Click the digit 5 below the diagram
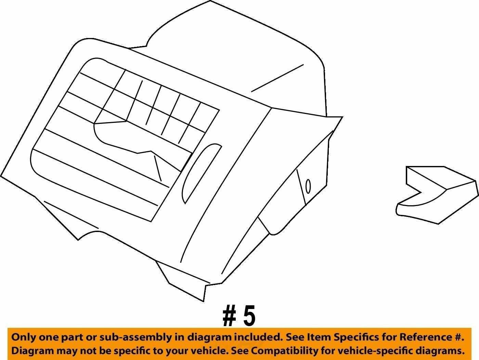[249, 318]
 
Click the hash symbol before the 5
[229, 319]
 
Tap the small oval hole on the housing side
[308, 186]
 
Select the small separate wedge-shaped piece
[437, 195]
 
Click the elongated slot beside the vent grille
[201, 173]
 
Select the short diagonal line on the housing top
[277, 78]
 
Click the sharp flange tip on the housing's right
[342, 117]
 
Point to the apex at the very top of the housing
[210, 1]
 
